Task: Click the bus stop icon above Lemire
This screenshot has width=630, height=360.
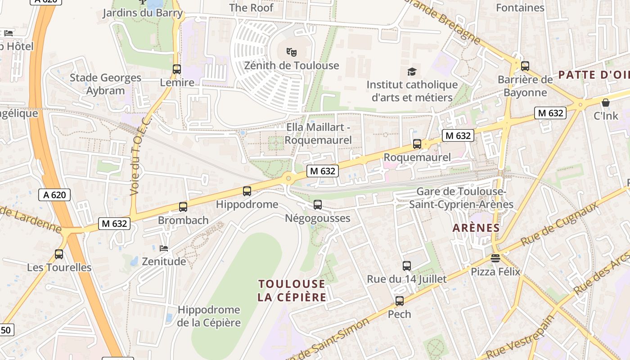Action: (177, 69)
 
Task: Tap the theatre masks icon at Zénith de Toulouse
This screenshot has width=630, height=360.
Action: (292, 52)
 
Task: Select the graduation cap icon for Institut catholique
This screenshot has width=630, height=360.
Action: (411, 72)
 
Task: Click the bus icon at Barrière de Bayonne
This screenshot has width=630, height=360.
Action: (525, 66)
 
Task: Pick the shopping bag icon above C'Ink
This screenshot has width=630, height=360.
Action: (606, 103)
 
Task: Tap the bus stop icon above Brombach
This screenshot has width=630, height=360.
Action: (183, 207)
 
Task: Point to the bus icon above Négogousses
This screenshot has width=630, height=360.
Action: (318, 205)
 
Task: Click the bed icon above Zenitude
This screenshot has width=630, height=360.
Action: (164, 248)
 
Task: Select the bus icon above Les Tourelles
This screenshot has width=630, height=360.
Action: (59, 254)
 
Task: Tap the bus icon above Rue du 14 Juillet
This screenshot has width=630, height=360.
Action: (407, 266)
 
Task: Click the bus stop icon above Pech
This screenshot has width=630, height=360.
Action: (400, 301)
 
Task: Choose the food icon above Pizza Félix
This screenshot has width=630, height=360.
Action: (495, 258)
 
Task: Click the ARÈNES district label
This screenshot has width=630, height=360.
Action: (476, 228)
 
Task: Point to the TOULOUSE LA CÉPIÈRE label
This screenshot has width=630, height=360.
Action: (292, 291)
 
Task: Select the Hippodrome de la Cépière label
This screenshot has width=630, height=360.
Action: (209, 316)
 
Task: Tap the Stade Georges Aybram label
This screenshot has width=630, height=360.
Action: (105, 84)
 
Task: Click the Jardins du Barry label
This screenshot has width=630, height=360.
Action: (143, 13)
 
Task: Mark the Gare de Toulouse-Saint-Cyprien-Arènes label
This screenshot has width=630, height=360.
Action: (461, 198)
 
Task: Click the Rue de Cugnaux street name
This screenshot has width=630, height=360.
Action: (560, 224)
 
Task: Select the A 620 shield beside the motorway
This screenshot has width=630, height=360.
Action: (54, 195)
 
